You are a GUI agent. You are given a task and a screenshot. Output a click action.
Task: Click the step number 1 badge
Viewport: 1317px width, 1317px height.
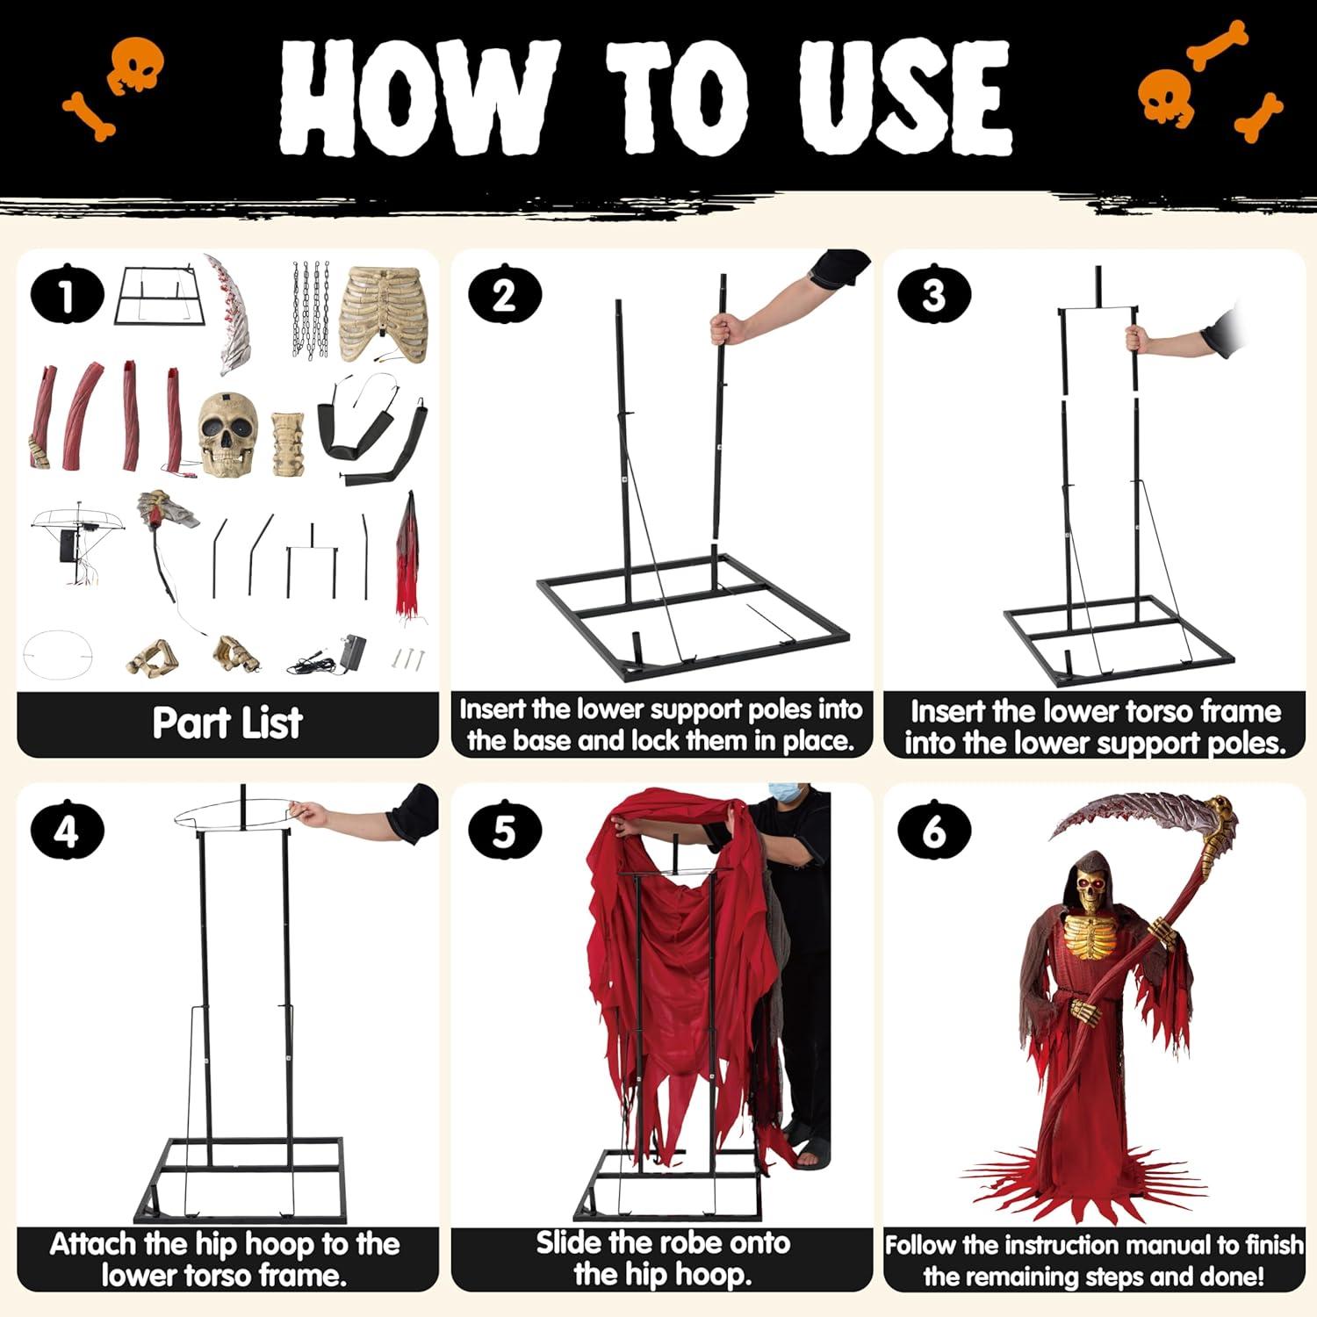click(x=67, y=296)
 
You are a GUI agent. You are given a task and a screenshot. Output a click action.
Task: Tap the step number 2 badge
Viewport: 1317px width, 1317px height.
click(x=504, y=295)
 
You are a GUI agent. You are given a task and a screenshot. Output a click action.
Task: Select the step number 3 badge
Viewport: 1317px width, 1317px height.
click(x=933, y=295)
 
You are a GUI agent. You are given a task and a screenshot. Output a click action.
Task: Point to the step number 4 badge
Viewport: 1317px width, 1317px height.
click(x=67, y=831)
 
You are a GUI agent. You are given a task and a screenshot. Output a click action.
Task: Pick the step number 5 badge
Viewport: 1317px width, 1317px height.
click(x=504, y=831)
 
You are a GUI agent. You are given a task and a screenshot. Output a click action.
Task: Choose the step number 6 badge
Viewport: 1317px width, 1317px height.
click(x=933, y=831)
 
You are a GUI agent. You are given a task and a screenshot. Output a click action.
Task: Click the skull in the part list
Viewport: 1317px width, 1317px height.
click(x=228, y=435)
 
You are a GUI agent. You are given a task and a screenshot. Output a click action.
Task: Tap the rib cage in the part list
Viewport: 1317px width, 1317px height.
click(x=379, y=312)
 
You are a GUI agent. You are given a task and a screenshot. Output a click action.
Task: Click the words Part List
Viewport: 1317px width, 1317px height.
click(x=227, y=723)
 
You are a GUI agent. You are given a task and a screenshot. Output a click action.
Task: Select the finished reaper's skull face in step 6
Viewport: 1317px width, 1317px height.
click(x=1088, y=889)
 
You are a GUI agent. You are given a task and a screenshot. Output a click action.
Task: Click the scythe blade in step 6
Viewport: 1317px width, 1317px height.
click(x=1133, y=812)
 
